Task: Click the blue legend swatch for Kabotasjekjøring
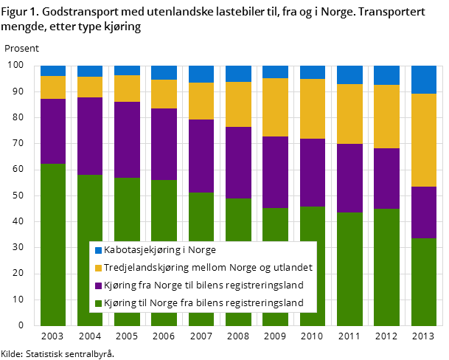pyautogui.click(x=97, y=250)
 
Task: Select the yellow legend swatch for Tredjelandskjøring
pyautogui.click(x=97, y=268)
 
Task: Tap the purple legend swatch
pyautogui.click(x=97, y=285)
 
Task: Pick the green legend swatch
pyautogui.click(x=97, y=303)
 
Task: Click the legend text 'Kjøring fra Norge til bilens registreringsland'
pyautogui.click(x=203, y=285)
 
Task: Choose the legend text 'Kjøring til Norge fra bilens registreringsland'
pyautogui.click(x=203, y=303)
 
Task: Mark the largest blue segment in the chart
pyautogui.click(x=423, y=80)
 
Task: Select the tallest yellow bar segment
pyautogui.click(x=423, y=140)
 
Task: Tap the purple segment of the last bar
pyautogui.click(x=423, y=212)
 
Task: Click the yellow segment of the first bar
pyautogui.click(x=53, y=87)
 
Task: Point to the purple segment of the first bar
pyautogui.click(x=53, y=131)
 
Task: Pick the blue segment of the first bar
pyautogui.click(x=53, y=71)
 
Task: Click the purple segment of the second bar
pyautogui.click(x=90, y=136)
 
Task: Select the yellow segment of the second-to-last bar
pyautogui.click(x=386, y=117)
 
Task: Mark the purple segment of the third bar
pyautogui.click(x=127, y=139)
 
